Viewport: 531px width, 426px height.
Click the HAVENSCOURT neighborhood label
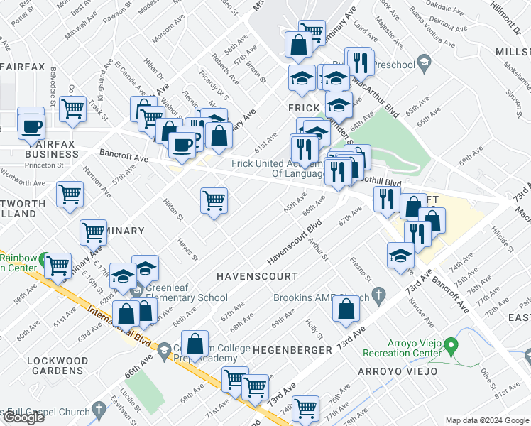(x=256, y=275)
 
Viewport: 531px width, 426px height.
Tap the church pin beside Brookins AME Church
(x=379, y=293)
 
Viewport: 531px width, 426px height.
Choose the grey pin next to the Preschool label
(x=425, y=62)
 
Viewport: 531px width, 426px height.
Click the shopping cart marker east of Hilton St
(x=214, y=201)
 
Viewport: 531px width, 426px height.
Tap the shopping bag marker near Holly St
(x=346, y=309)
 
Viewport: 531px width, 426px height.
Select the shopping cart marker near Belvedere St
(x=73, y=109)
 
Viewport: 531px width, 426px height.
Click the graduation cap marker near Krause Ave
(x=401, y=256)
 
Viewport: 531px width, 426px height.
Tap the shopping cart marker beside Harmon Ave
(x=70, y=194)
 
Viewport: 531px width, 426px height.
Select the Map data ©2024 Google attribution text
(x=486, y=420)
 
